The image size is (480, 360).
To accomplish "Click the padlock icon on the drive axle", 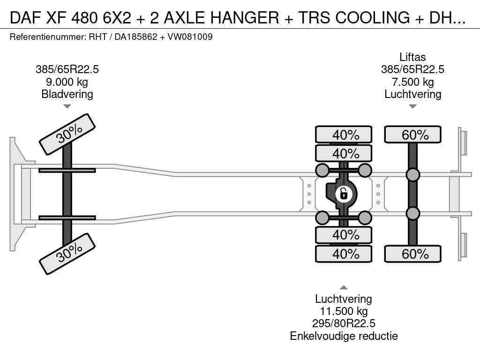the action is [x=344, y=194].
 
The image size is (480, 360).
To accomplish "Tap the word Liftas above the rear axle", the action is [x=412, y=57].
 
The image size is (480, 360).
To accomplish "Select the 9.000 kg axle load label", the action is [x=67, y=82].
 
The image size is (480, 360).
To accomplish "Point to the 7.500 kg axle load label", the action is [x=412, y=82].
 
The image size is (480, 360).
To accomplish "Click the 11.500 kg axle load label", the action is [x=344, y=311].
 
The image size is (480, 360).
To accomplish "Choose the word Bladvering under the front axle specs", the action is [x=67, y=94].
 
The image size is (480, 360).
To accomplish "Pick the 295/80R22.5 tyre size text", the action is [x=344, y=323].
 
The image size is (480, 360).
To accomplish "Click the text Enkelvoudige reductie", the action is [x=344, y=336].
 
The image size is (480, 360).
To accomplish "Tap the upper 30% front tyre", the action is [x=67, y=135].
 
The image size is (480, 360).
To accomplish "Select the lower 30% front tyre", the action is [x=67, y=254].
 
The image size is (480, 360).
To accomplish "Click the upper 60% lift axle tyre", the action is [x=412, y=135].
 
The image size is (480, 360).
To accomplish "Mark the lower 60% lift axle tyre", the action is [x=412, y=254].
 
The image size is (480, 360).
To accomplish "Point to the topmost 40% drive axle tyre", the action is [x=344, y=135].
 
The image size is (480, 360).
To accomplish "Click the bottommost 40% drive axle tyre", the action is [x=344, y=254].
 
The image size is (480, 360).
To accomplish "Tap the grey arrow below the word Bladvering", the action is [x=67, y=106].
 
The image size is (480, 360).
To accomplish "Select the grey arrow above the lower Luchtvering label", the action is [x=344, y=287].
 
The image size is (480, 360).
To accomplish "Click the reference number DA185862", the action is [x=135, y=37].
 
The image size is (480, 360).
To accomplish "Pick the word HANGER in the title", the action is [x=244, y=17].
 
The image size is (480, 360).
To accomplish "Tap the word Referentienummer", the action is [x=48, y=37].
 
